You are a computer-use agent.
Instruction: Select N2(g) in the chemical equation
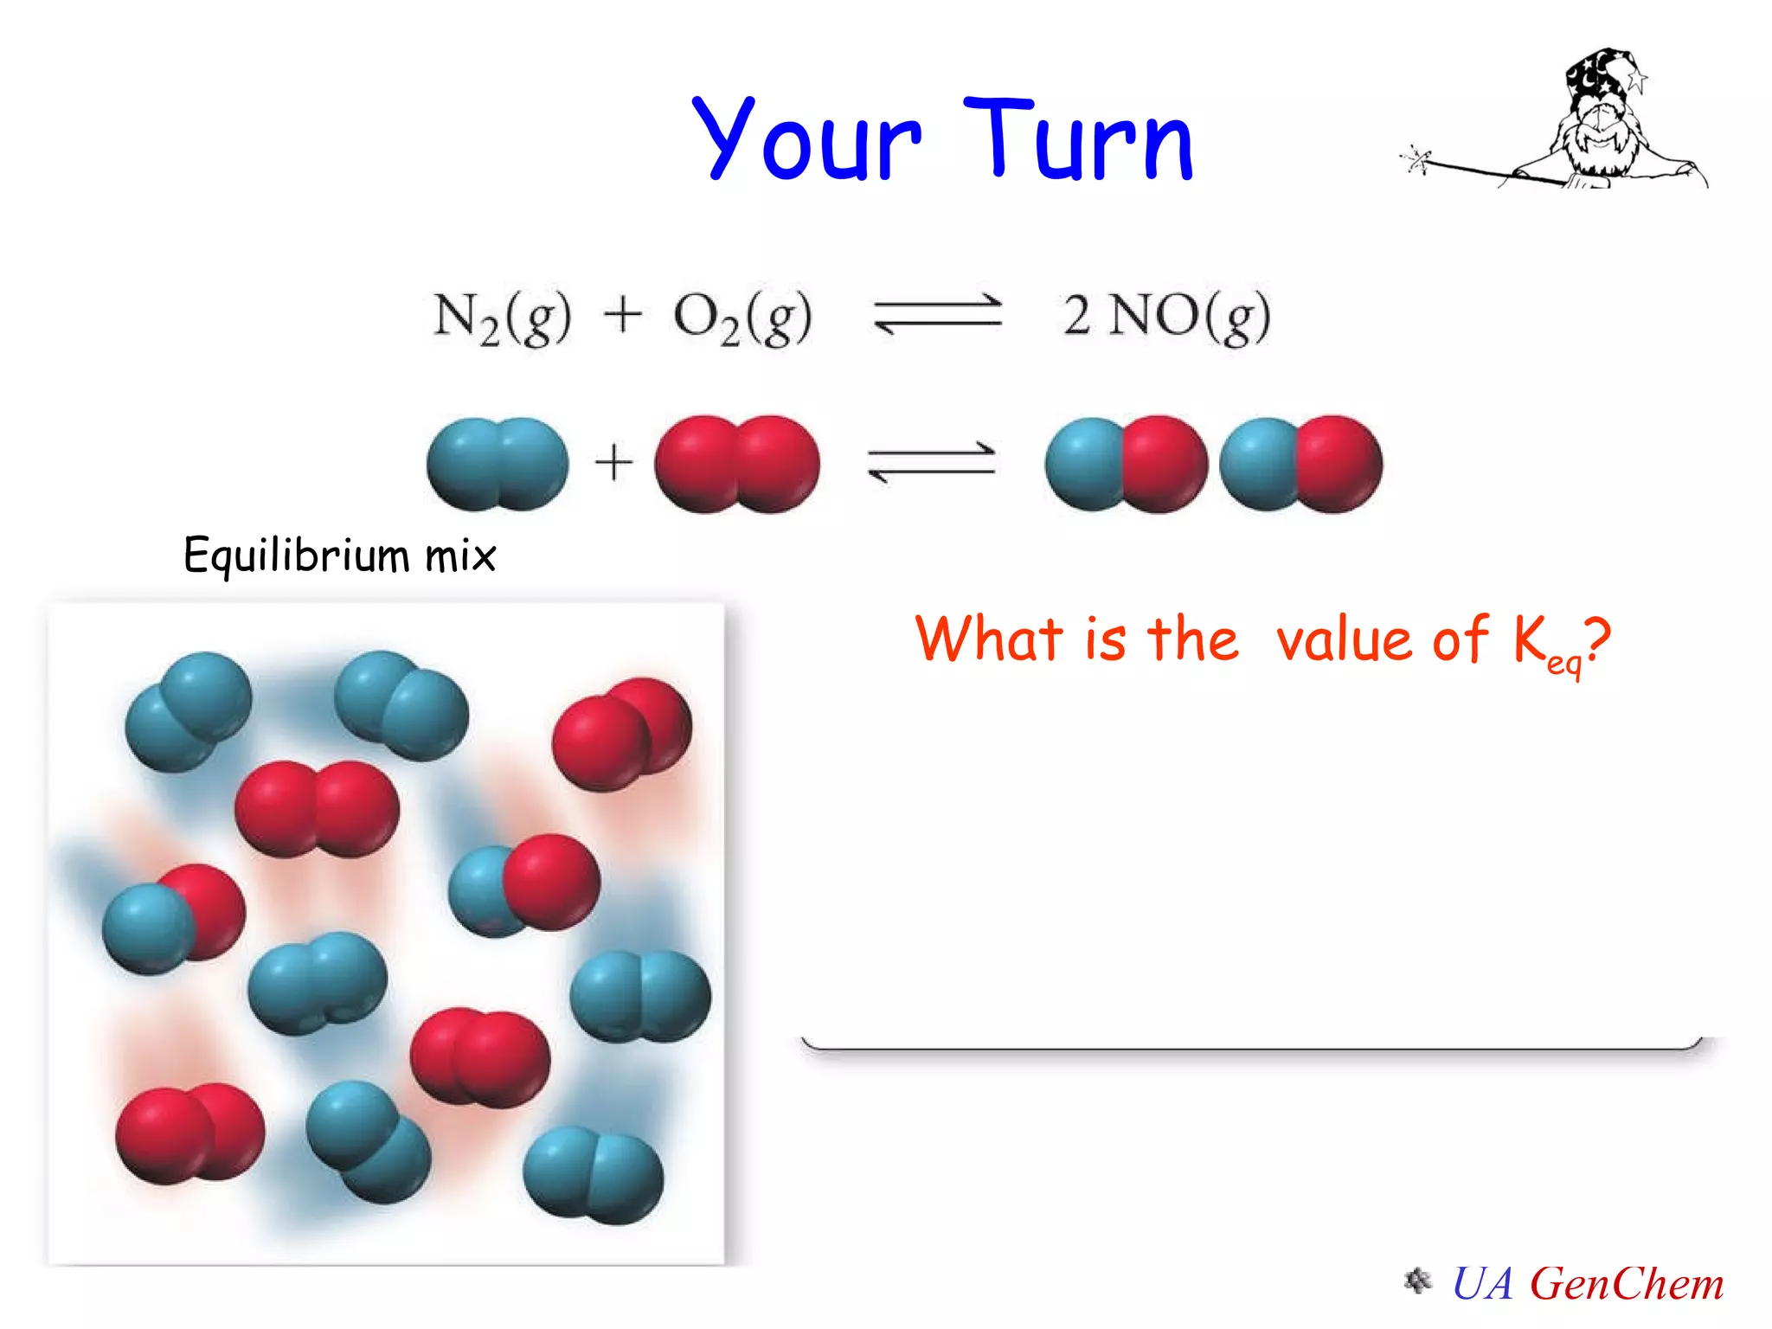[x=502, y=317]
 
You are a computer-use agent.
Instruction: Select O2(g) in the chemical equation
[x=742, y=317]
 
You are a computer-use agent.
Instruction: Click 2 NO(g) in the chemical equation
[x=1166, y=317]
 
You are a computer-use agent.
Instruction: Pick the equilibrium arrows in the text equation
[x=937, y=314]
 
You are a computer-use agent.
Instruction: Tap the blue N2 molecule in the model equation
[x=498, y=465]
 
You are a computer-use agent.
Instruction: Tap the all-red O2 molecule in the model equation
[x=736, y=465]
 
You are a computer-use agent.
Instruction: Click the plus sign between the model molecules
[x=613, y=462]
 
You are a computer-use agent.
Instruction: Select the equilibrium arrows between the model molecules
[x=931, y=462]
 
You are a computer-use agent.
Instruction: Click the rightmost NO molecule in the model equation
[x=1300, y=465]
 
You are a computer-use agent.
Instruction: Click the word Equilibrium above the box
[x=294, y=555]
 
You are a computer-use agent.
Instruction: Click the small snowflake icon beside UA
[x=1417, y=1281]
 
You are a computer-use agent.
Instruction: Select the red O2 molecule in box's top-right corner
[x=622, y=734]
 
